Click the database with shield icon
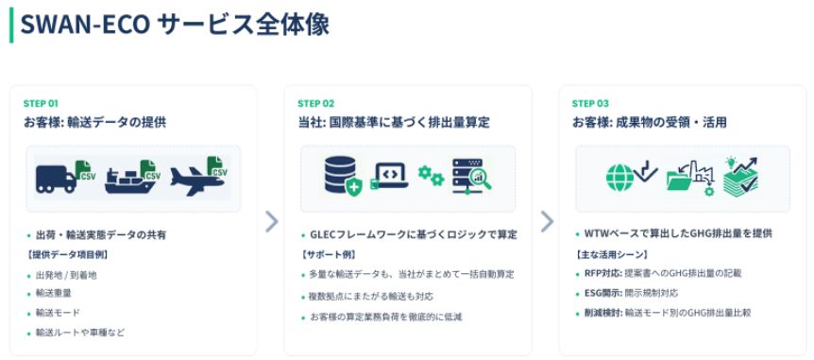tap(341, 176)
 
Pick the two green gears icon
tap(431, 176)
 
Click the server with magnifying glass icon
tap(471, 176)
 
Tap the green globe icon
tap(619, 178)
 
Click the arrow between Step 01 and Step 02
tap(272, 222)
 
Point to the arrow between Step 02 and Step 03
tap(547, 222)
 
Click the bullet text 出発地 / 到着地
tap(66, 275)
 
